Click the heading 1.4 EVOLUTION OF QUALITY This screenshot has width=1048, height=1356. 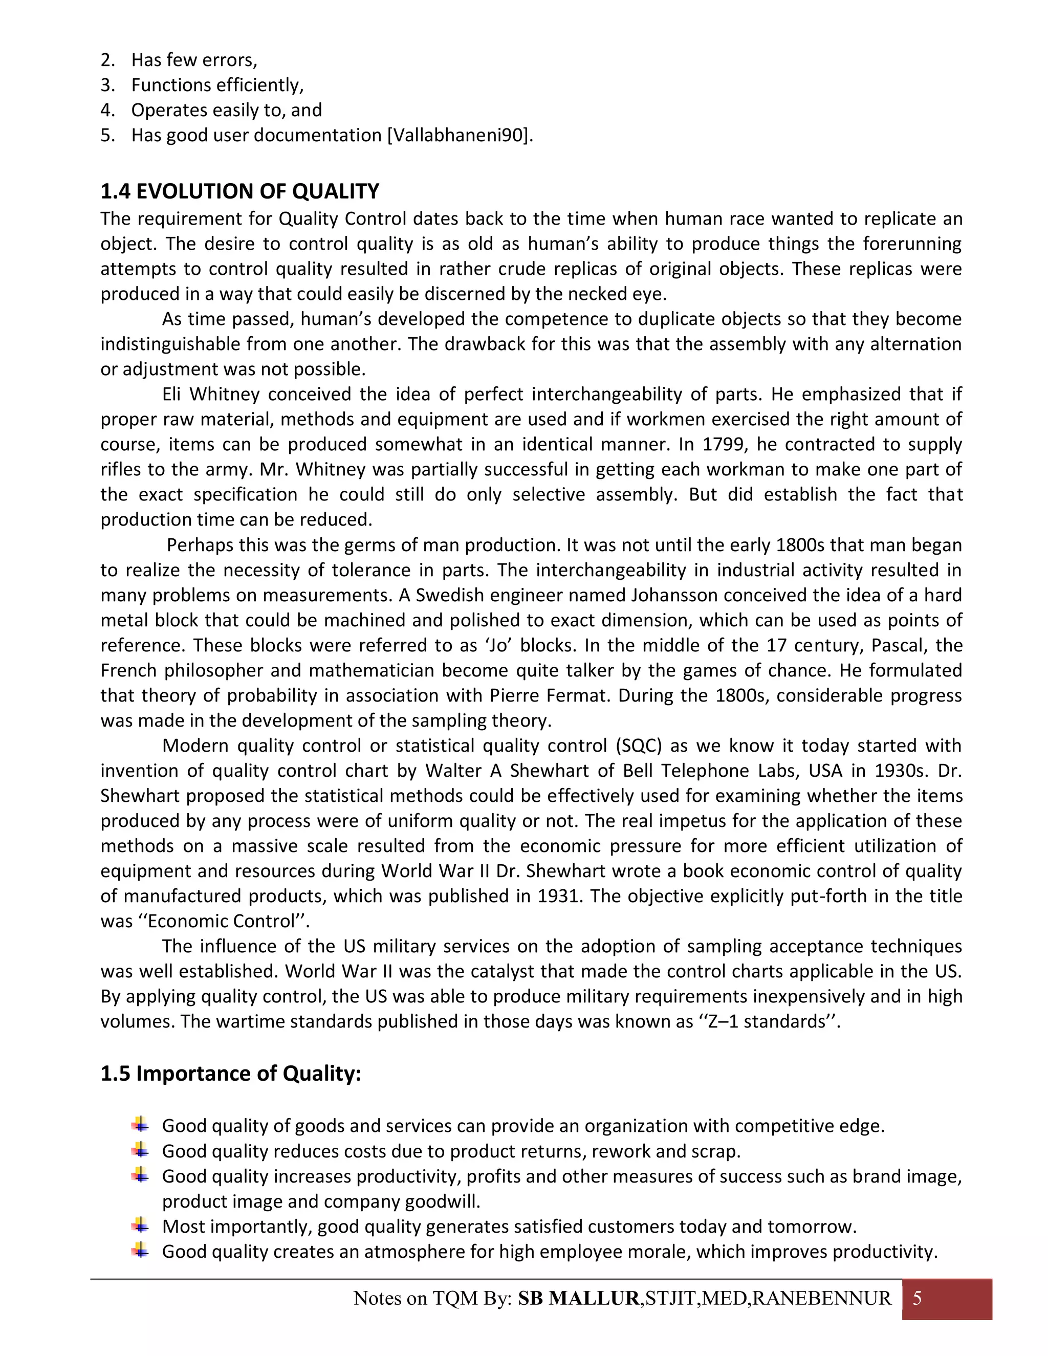[239, 191]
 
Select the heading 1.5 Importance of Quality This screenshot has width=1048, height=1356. [230, 1074]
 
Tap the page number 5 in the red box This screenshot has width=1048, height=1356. [917, 1298]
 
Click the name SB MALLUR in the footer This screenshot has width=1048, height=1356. [579, 1298]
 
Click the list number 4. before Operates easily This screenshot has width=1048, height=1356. [107, 110]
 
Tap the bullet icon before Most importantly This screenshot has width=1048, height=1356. [140, 1226]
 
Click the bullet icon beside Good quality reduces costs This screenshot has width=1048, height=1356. [140, 1150]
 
